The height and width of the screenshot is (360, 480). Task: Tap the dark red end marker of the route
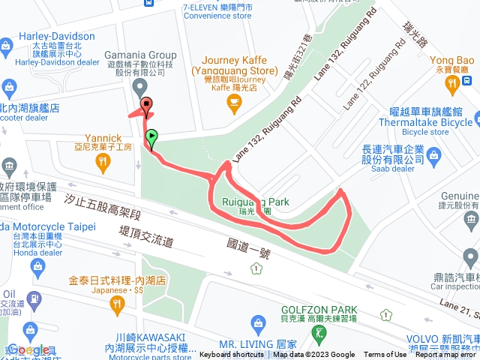tap(146, 106)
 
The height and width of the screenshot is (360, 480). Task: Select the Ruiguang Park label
tap(256, 201)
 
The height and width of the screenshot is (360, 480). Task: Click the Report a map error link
tap(445, 355)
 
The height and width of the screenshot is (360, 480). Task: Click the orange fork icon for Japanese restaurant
tap(115, 303)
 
